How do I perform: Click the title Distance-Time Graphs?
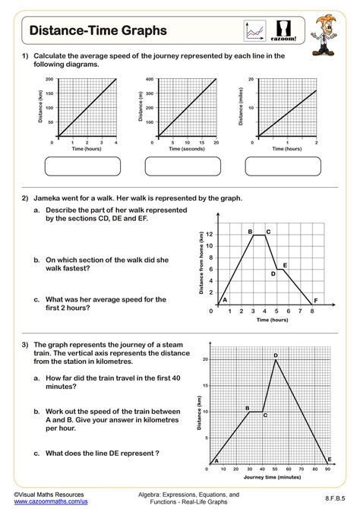tap(88, 30)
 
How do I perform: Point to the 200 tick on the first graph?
tap(49, 79)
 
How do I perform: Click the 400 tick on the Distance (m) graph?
tap(149, 79)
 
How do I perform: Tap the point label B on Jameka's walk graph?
tap(250, 231)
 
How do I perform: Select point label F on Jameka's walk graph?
tap(315, 300)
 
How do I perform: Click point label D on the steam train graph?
tap(275, 355)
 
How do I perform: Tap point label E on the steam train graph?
tap(328, 459)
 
